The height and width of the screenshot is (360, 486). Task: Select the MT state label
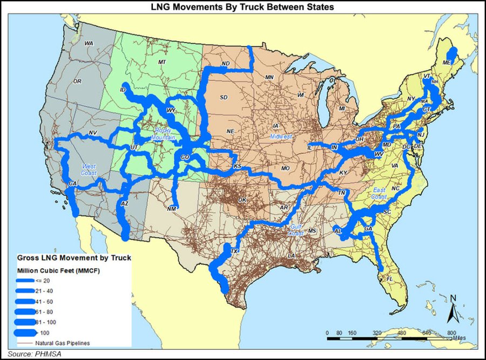pos(161,63)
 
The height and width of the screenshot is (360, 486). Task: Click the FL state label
pos(390,279)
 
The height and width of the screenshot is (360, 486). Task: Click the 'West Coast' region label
pos(89,169)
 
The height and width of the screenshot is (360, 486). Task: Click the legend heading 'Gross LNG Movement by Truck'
pos(73,258)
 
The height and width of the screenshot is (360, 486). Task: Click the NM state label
pos(172,209)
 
